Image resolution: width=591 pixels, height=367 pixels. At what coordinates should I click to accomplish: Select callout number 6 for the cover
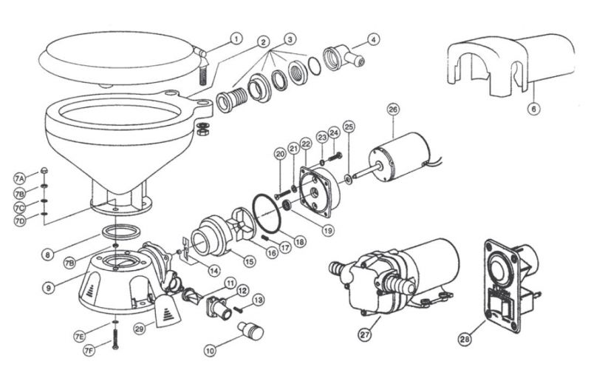534,108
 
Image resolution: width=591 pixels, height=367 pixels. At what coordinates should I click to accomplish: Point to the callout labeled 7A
20,179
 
